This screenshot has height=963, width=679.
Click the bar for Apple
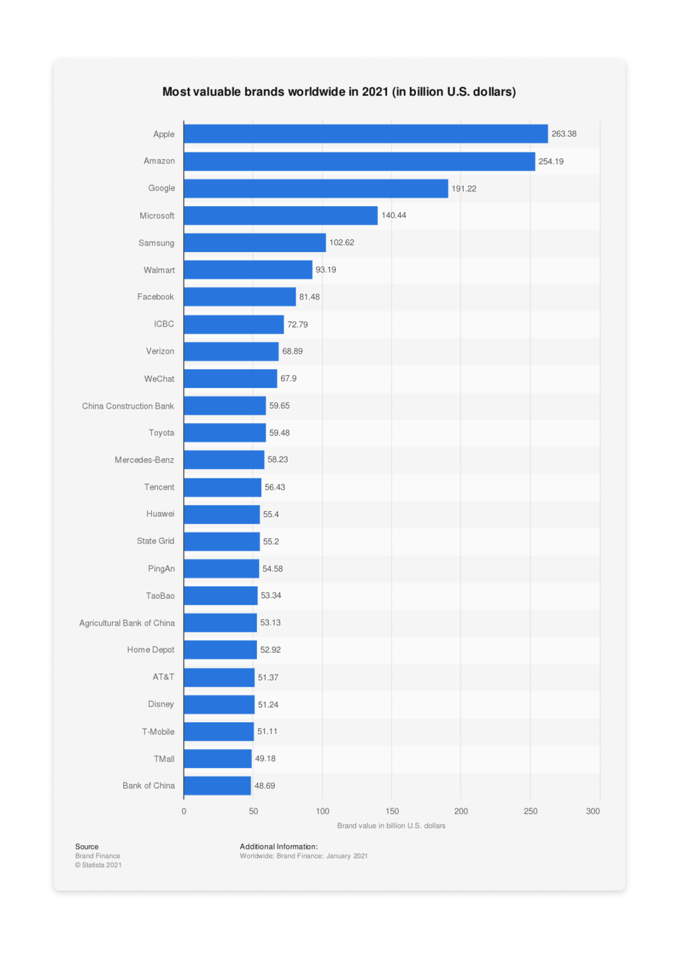pos(365,134)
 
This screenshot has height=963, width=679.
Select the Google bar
pos(316,188)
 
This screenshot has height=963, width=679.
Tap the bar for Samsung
pos(254,243)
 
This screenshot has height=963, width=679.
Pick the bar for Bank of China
pos(217,786)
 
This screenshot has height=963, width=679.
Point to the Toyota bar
pos(224,433)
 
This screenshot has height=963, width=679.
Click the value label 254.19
pos(551,161)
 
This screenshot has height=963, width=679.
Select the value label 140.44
pos(393,215)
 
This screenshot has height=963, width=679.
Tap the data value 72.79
pos(298,324)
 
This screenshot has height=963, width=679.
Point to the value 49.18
pos(265,759)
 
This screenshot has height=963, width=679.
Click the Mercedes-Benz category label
pos(144,460)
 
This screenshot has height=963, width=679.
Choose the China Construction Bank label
pos(128,406)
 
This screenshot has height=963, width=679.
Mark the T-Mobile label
pos(158,732)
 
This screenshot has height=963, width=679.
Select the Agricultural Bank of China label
pos(127,623)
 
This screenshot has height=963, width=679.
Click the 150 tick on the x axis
pos(392,811)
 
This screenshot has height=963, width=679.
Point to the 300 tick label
pos(593,811)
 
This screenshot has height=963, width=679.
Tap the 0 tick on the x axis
pos(184,811)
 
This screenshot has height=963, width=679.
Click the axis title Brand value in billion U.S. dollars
pos(391,826)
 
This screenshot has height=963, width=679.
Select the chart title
pos(339,92)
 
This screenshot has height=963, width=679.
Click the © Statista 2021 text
pos(98,865)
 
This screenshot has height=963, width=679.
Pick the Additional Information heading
pos(279,846)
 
